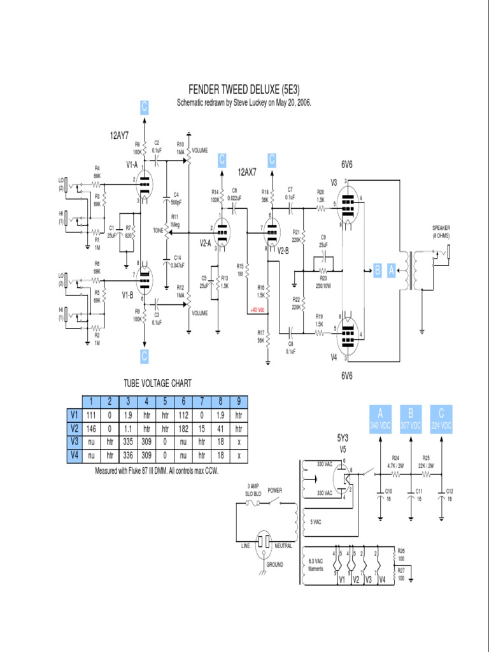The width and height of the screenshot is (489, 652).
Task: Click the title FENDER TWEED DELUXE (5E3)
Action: [x=244, y=89]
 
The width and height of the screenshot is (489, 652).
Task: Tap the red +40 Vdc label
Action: [x=257, y=311]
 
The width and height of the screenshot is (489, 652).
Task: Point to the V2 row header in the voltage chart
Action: [x=74, y=428]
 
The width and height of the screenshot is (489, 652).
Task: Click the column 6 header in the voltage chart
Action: [x=183, y=400]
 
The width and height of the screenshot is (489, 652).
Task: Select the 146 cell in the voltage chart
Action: [x=92, y=428]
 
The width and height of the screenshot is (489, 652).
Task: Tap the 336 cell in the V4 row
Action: [x=128, y=456]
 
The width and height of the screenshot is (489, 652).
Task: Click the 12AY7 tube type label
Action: [x=119, y=135]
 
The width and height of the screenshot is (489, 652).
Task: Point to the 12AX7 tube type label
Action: [x=247, y=172]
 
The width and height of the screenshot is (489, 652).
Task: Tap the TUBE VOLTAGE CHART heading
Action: [x=157, y=383]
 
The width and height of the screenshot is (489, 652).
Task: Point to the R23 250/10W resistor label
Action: [x=323, y=281]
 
